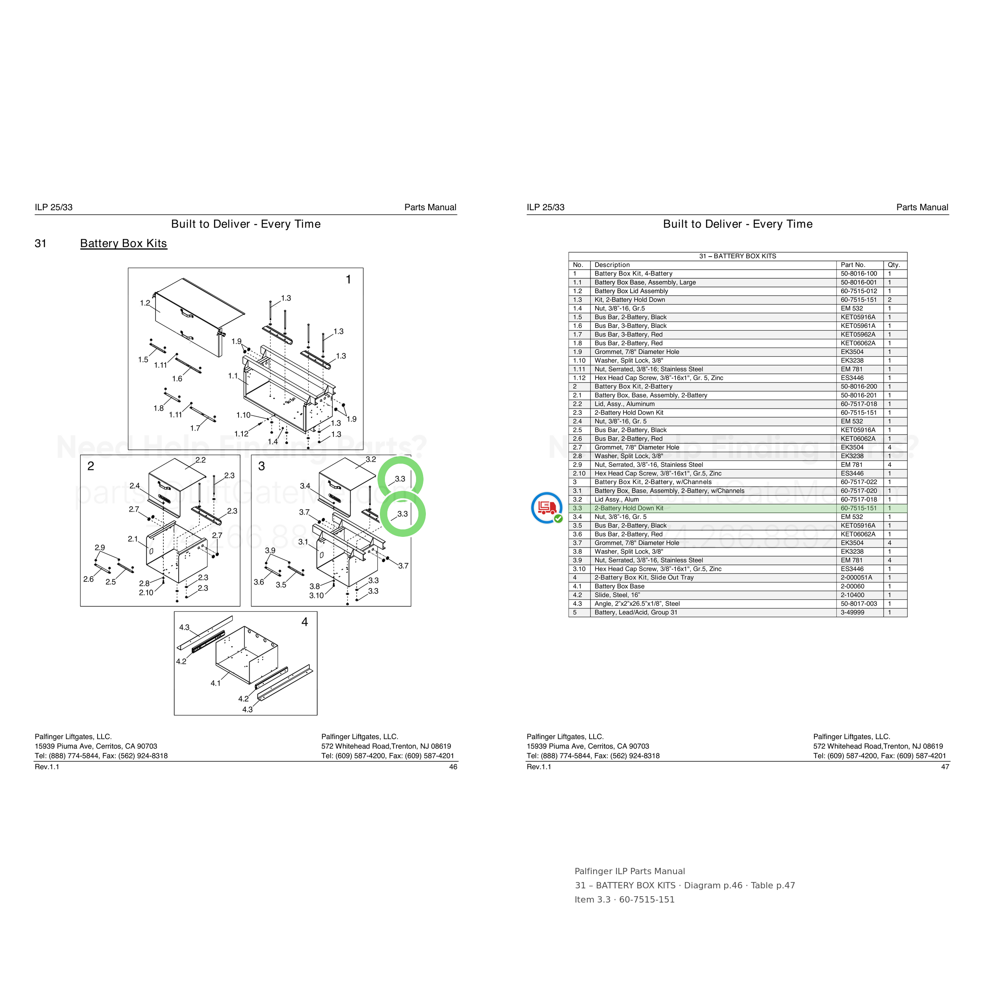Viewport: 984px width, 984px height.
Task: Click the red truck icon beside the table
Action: [546, 508]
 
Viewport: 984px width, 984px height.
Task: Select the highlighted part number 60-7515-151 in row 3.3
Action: [859, 508]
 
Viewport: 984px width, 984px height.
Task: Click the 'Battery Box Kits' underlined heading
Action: [123, 244]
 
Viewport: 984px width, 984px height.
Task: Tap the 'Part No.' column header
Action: [853, 265]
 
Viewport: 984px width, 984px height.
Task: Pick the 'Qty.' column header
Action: [894, 265]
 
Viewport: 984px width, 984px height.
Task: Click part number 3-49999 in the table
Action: [852, 612]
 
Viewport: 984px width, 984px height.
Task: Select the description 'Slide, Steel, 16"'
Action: [617, 595]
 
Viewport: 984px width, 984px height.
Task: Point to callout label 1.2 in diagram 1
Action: [145, 303]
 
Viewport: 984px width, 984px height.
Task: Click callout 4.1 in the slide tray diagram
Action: [216, 683]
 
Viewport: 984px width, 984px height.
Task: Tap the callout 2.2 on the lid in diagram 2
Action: [201, 460]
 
